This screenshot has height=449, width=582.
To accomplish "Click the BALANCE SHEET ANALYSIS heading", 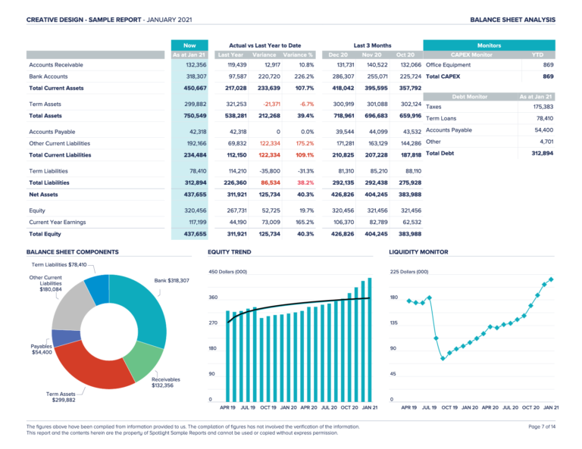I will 512,19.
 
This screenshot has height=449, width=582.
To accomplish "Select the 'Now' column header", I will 189,45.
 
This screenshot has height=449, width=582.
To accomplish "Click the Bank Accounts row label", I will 48,76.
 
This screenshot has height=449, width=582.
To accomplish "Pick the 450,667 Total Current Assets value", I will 191,89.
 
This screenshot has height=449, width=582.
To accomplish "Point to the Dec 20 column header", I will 338,55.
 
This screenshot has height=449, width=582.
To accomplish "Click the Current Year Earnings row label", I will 59,222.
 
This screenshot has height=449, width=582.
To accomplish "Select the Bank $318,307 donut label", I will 171,281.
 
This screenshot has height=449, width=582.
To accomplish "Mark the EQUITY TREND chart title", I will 230,251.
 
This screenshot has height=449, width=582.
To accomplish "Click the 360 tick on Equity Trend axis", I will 213,298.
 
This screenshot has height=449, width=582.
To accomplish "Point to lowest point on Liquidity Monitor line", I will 443,358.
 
